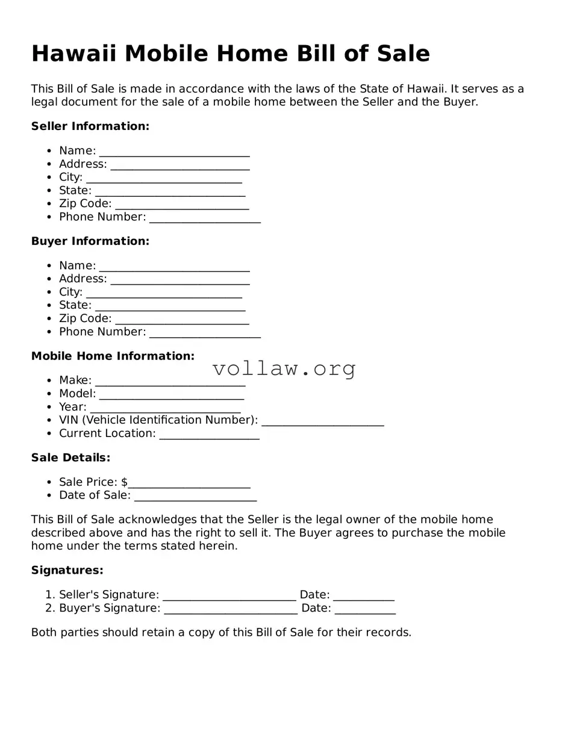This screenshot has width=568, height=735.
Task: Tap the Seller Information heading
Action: pos(90,126)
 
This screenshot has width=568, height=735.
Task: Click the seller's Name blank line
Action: pos(174,152)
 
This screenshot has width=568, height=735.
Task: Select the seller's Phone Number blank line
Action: pos(205,218)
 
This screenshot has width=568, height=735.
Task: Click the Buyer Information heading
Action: pos(90,241)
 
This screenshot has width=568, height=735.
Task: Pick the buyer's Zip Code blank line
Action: pos(182,320)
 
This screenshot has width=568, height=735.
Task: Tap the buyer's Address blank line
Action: pos(180,280)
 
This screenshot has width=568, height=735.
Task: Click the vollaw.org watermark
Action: pos(284,368)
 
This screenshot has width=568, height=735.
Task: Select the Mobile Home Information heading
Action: pos(113,356)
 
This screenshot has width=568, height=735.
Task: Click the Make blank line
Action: pos(170,382)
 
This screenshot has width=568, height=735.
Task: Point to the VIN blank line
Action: pos(322,421)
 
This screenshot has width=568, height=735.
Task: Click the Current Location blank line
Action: pos(209,435)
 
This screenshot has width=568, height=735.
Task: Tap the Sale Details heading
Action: pos(70,458)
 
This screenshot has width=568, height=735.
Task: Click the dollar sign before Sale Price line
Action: pos(124,482)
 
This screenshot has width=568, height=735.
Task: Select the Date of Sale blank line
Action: pos(195,497)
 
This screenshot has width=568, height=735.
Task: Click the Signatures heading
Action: pos(67,570)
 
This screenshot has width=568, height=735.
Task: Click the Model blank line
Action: pos(172,395)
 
